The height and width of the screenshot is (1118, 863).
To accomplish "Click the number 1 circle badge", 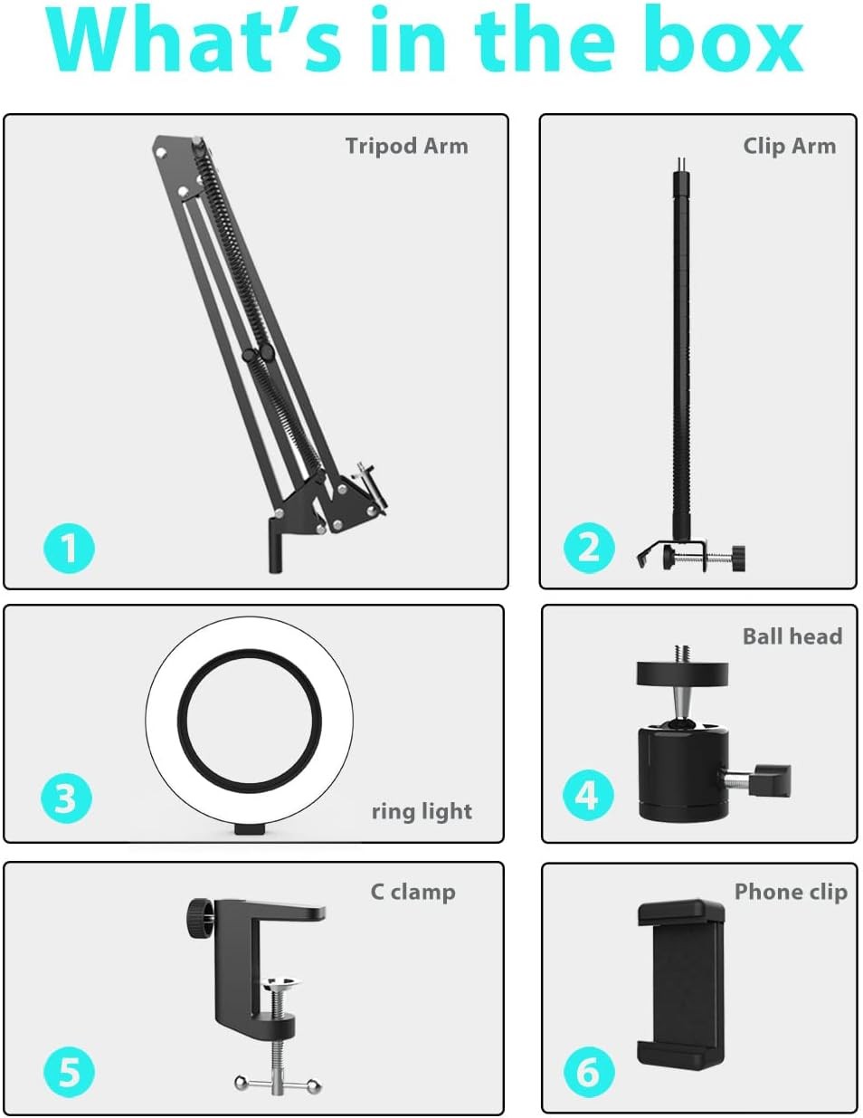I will click(x=69, y=548).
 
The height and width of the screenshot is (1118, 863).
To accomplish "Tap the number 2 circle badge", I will click(x=589, y=547).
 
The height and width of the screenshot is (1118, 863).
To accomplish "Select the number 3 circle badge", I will click(x=66, y=798).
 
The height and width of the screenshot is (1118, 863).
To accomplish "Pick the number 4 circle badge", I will click(x=587, y=795).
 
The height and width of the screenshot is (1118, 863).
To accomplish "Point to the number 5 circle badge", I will click(x=69, y=1072).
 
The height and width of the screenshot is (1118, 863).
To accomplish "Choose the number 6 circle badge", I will click(x=588, y=1072).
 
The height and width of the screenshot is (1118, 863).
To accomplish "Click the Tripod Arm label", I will click(x=406, y=146).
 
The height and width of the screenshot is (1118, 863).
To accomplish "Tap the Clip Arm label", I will click(x=789, y=146).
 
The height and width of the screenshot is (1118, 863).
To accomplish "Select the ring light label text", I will click(x=422, y=811).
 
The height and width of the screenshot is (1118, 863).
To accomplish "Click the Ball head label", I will click(x=792, y=636).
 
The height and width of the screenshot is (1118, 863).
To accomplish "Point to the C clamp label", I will click(x=413, y=892).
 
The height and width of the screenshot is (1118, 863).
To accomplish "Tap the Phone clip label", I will click(x=790, y=892).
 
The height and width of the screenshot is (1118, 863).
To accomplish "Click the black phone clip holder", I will click(x=683, y=983).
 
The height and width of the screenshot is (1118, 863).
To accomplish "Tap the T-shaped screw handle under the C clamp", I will click(x=278, y=1082).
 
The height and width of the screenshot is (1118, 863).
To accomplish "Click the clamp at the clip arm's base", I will click(x=692, y=555).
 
